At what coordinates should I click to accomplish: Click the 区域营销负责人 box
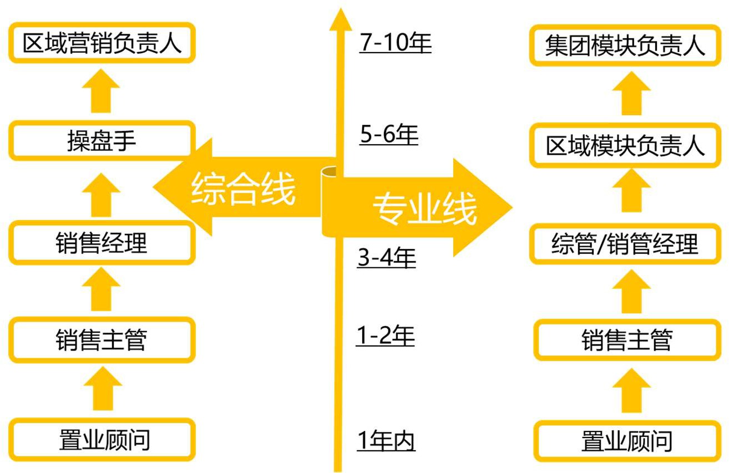pyautogui.click(x=102, y=43)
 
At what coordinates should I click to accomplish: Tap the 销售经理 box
pyautogui.click(x=102, y=242)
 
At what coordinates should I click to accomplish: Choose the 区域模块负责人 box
pyautogui.click(x=625, y=146)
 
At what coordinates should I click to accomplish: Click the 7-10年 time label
pyautogui.click(x=395, y=43)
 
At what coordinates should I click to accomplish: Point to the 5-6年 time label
pyautogui.click(x=388, y=135)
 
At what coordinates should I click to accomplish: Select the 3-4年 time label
pyautogui.click(x=387, y=258)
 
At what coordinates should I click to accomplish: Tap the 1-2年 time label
pyautogui.click(x=385, y=336)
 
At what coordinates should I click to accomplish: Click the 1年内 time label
pyautogui.click(x=386, y=441)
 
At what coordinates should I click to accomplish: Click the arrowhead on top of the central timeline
pyautogui.click(x=340, y=19)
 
